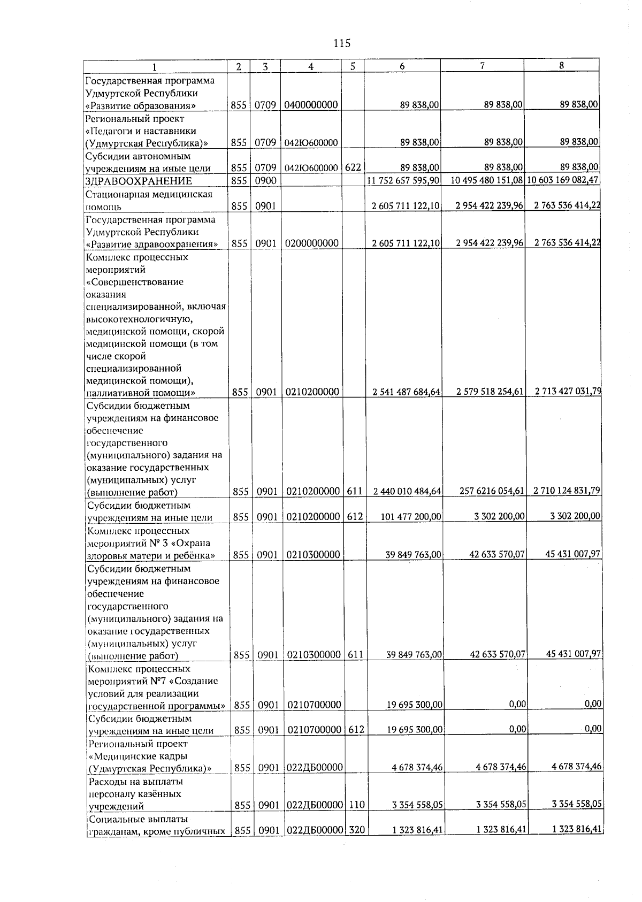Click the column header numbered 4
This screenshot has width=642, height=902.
tap(311, 66)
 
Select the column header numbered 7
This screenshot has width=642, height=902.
tap(482, 66)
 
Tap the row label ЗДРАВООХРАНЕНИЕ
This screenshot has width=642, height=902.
tap(139, 181)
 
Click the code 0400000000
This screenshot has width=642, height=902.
tap(311, 105)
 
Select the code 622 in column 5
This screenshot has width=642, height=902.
tap(353, 167)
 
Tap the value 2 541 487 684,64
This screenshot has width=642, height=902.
tap(406, 392)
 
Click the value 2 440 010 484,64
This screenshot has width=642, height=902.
tap(406, 491)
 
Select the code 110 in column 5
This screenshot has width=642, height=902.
tap(355, 805)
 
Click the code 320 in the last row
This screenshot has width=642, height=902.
tap(356, 830)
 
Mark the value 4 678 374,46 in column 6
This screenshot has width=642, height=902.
tap(417, 768)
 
